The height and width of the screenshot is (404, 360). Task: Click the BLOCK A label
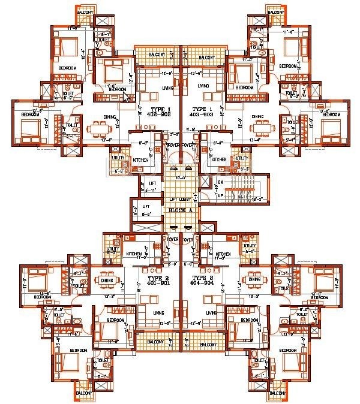click(180, 211)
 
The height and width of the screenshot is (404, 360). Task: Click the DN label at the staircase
click(220, 182)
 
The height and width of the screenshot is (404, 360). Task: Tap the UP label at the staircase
click(220, 196)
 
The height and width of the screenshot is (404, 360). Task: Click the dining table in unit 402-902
click(99, 129)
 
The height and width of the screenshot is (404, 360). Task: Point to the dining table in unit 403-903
click(260, 129)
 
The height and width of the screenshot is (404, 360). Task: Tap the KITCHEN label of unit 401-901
click(134, 254)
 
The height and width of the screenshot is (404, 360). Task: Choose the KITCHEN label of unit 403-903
click(219, 159)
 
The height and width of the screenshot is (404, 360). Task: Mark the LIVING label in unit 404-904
click(212, 313)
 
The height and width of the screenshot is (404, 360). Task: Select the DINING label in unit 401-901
click(107, 279)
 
